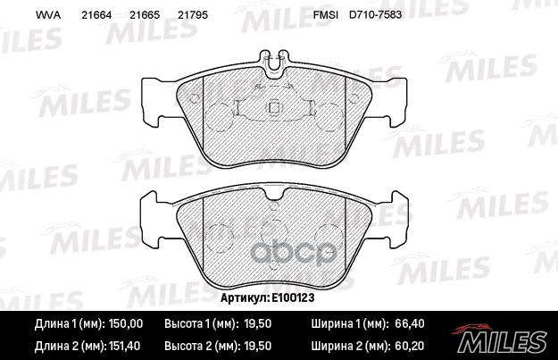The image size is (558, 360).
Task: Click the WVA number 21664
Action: point(96,15)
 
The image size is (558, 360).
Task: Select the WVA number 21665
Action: point(145,15)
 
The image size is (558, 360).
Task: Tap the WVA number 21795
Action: point(193,15)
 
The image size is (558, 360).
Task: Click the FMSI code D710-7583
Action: point(376,14)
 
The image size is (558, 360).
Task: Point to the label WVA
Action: point(48,15)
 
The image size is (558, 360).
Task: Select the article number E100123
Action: point(293,297)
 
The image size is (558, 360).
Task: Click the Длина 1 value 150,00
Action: point(125,323)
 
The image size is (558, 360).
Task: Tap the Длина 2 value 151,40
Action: point(123,346)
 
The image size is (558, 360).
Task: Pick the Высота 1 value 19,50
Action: point(258,323)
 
